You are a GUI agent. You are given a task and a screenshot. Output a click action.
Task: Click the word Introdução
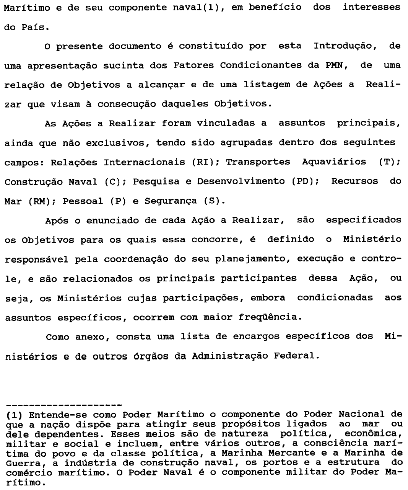point(343,46)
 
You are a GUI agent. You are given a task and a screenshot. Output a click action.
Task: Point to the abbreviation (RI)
point(202,162)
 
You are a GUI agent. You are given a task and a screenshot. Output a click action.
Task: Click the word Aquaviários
point(334,162)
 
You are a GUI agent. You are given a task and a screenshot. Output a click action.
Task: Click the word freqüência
point(267,317)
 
